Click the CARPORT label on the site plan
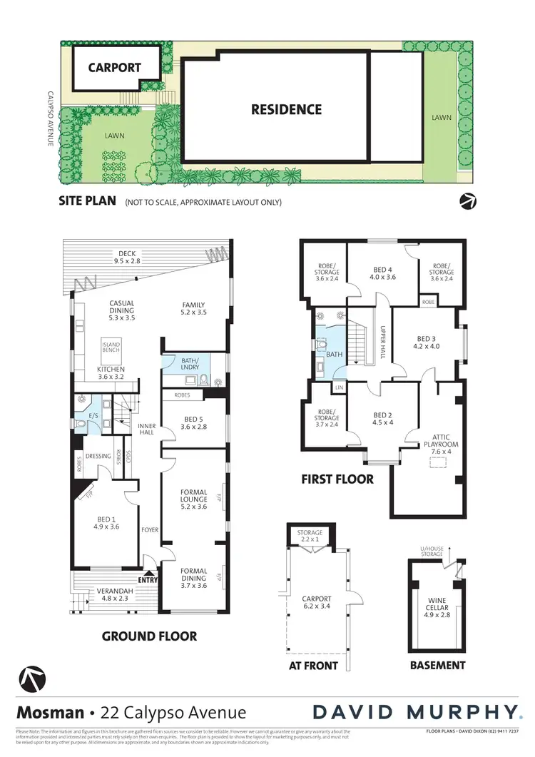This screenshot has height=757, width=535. tap(114, 68)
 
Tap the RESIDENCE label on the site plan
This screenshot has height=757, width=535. tap(286, 109)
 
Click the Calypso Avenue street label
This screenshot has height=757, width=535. tap(51, 118)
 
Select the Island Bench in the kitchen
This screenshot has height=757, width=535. tap(111, 350)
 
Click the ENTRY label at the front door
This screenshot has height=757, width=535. tap(148, 579)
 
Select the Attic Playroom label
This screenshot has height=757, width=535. tap(441, 442)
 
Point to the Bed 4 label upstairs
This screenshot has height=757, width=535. tap(384, 274)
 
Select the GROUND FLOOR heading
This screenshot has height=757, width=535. tap(149, 636)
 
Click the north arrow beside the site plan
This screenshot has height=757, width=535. tap(468, 201)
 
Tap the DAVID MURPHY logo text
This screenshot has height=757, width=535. tap(416, 711)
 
